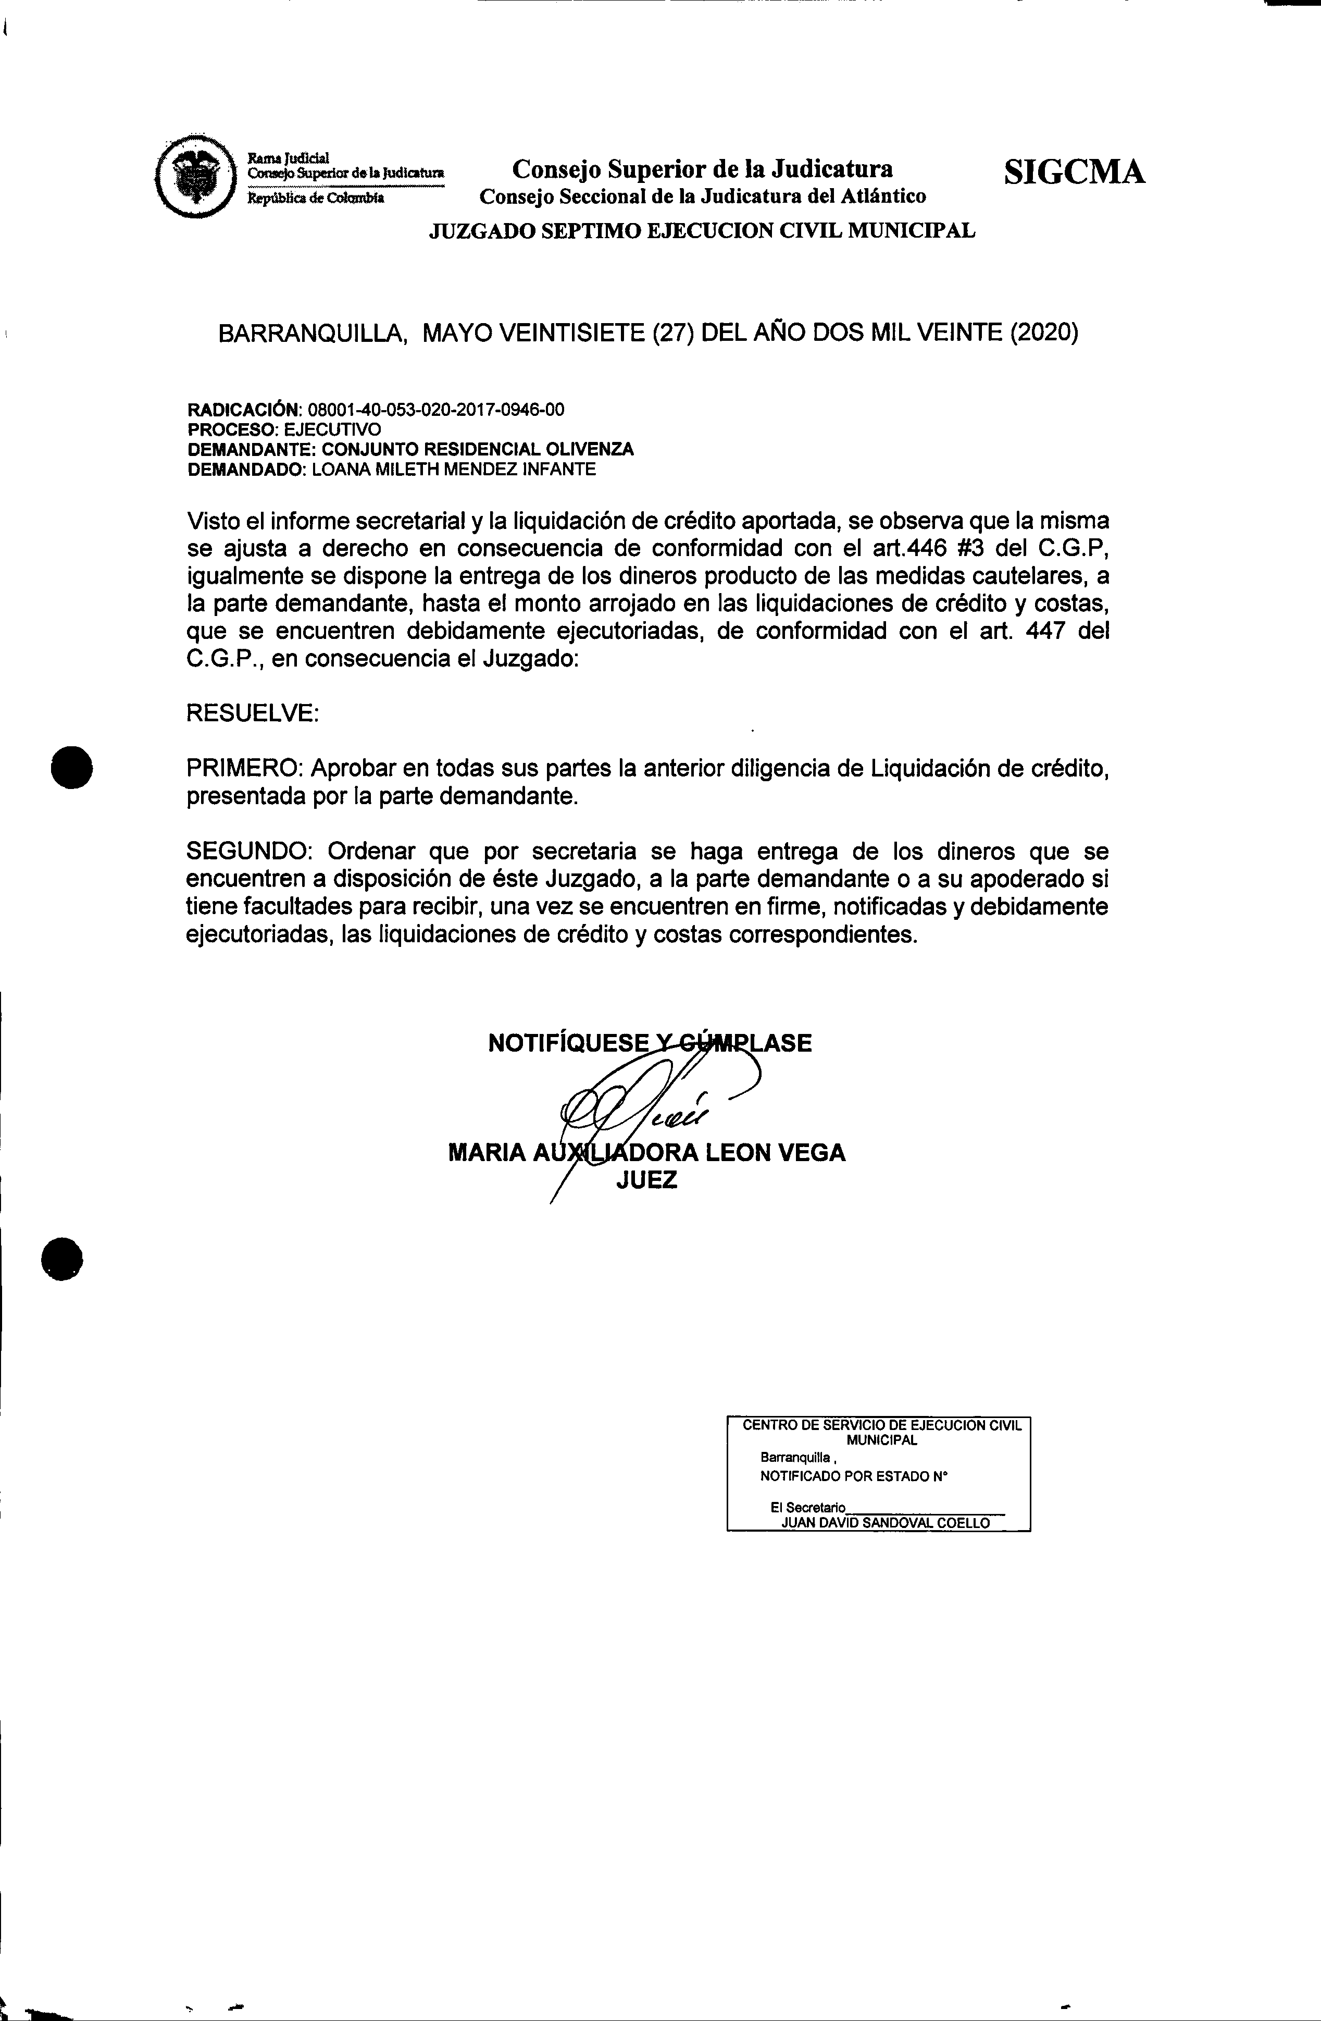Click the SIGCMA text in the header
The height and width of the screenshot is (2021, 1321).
pyautogui.click(x=1074, y=172)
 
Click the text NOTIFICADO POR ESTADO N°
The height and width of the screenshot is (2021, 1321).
pyautogui.click(x=853, y=1500)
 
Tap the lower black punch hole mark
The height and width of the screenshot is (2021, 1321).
pyautogui.click(x=63, y=1257)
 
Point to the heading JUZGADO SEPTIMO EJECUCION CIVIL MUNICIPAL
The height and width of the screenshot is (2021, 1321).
pyautogui.click(x=702, y=231)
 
